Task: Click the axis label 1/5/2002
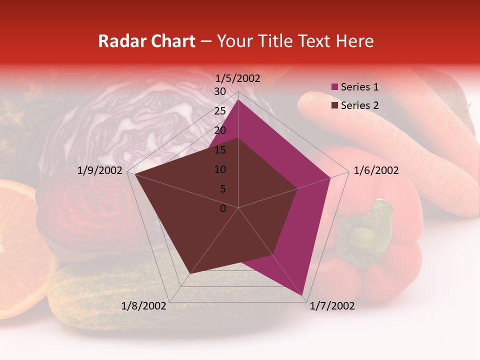click(x=238, y=78)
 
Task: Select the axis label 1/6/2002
click(x=376, y=170)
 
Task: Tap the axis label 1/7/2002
click(x=332, y=306)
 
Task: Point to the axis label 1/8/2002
click(x=144, y=306)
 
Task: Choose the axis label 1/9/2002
click(x=100, y=170)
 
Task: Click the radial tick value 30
click(x=220, y=91)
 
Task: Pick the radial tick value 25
click(x=220, y=111)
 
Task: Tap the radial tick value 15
click(x=220, y=150)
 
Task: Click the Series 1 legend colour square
click(x=335, y=87)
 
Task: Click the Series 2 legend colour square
click(x=335, y=105)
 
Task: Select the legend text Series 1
click(x=359, y=87)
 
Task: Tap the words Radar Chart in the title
click(x=146, y=41)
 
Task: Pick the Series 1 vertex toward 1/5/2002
click(x=238, y=99)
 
